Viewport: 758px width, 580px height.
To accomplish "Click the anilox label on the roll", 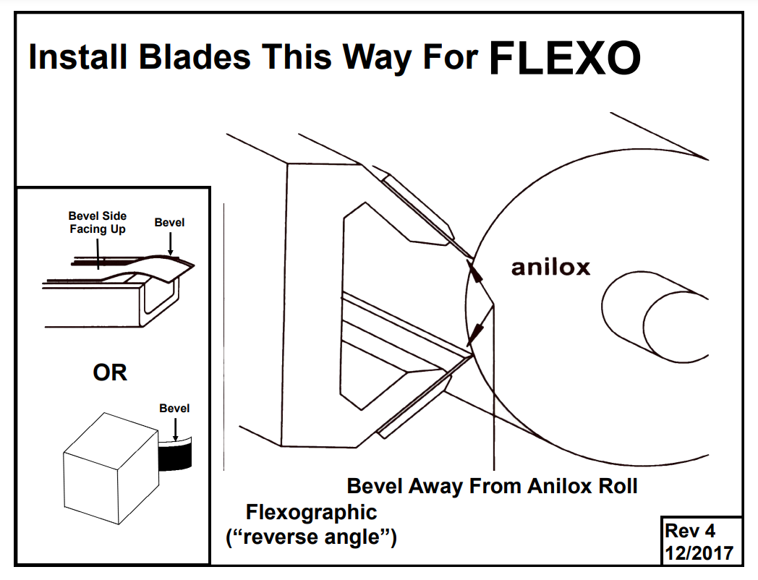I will pyautogui.click(x=550, y=268).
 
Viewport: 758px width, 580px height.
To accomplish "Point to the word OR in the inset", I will pyautogui.click(x=110, y=372).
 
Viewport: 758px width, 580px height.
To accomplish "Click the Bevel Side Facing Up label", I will pyautogui.click(x=98, y=222).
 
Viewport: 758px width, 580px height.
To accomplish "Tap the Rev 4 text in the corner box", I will pyautogui.click(x=690, y=531).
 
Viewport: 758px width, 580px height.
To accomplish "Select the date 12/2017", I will pyautogui.click(x=699, y=553).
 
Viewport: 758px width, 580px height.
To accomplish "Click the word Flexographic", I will pyautogui.click(x=312, y=512).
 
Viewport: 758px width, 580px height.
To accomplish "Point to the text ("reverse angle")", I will pyautogui.click(x=312, y=538).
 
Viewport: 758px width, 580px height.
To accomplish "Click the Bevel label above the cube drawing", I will pyautogui.click(x=174, y=409).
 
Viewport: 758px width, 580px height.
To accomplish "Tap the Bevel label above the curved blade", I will pyautogui.click(x=169, y=223).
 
